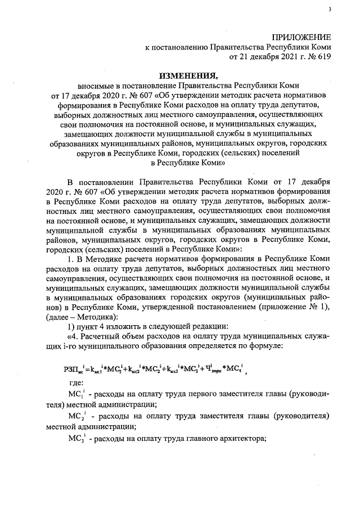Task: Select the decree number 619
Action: point(323,56)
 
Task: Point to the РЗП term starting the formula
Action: point(72,369)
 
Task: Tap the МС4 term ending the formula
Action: point(236,369)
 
